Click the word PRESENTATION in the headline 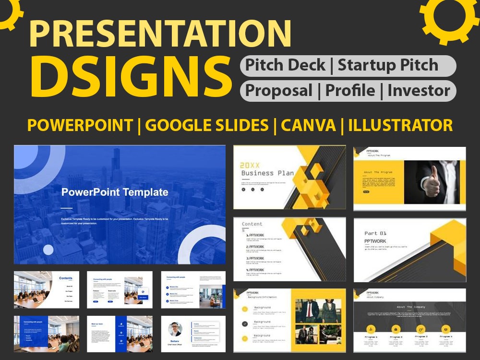[x=160, y=34]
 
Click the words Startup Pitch [x=388, y=66]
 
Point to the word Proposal [x=279, y=90]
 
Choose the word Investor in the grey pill [x=419, y=90]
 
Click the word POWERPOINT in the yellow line [x=80, y=125]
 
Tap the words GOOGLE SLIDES [x=207, y=125]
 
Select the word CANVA [x=308, y=125]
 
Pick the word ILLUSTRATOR [x=400, y=125]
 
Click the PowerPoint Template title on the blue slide [x=115, y=192]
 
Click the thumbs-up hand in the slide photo [x=432, y=182]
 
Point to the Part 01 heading [x=375, y=233]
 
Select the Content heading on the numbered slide [x=252, y=224]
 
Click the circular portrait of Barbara [x=175, y=329]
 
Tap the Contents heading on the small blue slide [x=66, y=278]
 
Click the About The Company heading [x=411, y=307]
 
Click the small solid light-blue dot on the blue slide [x=48, y=250]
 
